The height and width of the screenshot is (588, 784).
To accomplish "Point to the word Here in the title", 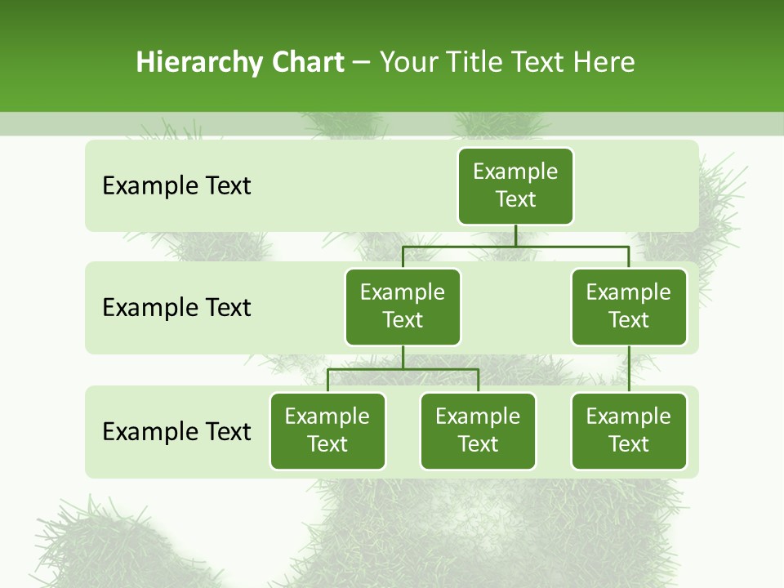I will (x=604, y=63).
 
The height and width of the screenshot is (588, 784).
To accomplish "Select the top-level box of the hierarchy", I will (x=515, y=186).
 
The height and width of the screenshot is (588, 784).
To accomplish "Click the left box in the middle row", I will (x=403, y=306).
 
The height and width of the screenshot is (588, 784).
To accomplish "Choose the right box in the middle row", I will (x=629, y=306).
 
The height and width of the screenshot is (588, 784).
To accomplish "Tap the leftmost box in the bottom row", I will (x=327, y=430).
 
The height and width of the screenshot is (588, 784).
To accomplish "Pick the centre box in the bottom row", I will (x=478, y=430).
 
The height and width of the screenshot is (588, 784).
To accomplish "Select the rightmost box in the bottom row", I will (x=629, y=430).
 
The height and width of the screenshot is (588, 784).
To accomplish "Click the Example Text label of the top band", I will (x=176, y=186).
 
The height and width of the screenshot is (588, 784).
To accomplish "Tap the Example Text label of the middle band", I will (x=176, y=308).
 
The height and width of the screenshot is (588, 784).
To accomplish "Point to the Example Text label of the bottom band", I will (x=176, y=431).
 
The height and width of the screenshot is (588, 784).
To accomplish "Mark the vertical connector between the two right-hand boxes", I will (x=629, y=369).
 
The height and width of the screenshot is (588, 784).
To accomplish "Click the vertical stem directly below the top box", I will (x=515, y=235).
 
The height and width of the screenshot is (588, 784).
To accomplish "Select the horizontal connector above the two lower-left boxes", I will (x=403, y=369).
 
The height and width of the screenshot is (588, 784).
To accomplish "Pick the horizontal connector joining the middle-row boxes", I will (x=515, y=246).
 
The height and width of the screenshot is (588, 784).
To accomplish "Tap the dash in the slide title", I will (x=362, y=63).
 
